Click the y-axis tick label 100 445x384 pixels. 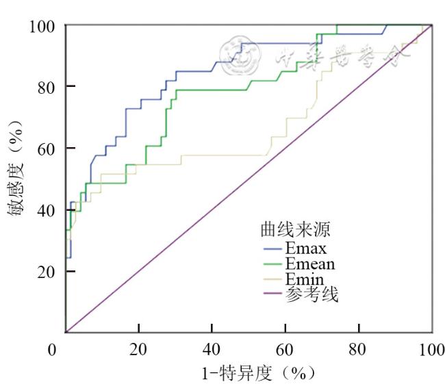coord(42,26)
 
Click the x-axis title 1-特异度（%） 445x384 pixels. coord(254,373)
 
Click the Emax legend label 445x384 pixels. coord(306,247)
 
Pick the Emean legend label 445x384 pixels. coord(310,264)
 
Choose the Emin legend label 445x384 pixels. coord(304,279)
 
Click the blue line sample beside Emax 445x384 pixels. coord(272,248)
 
